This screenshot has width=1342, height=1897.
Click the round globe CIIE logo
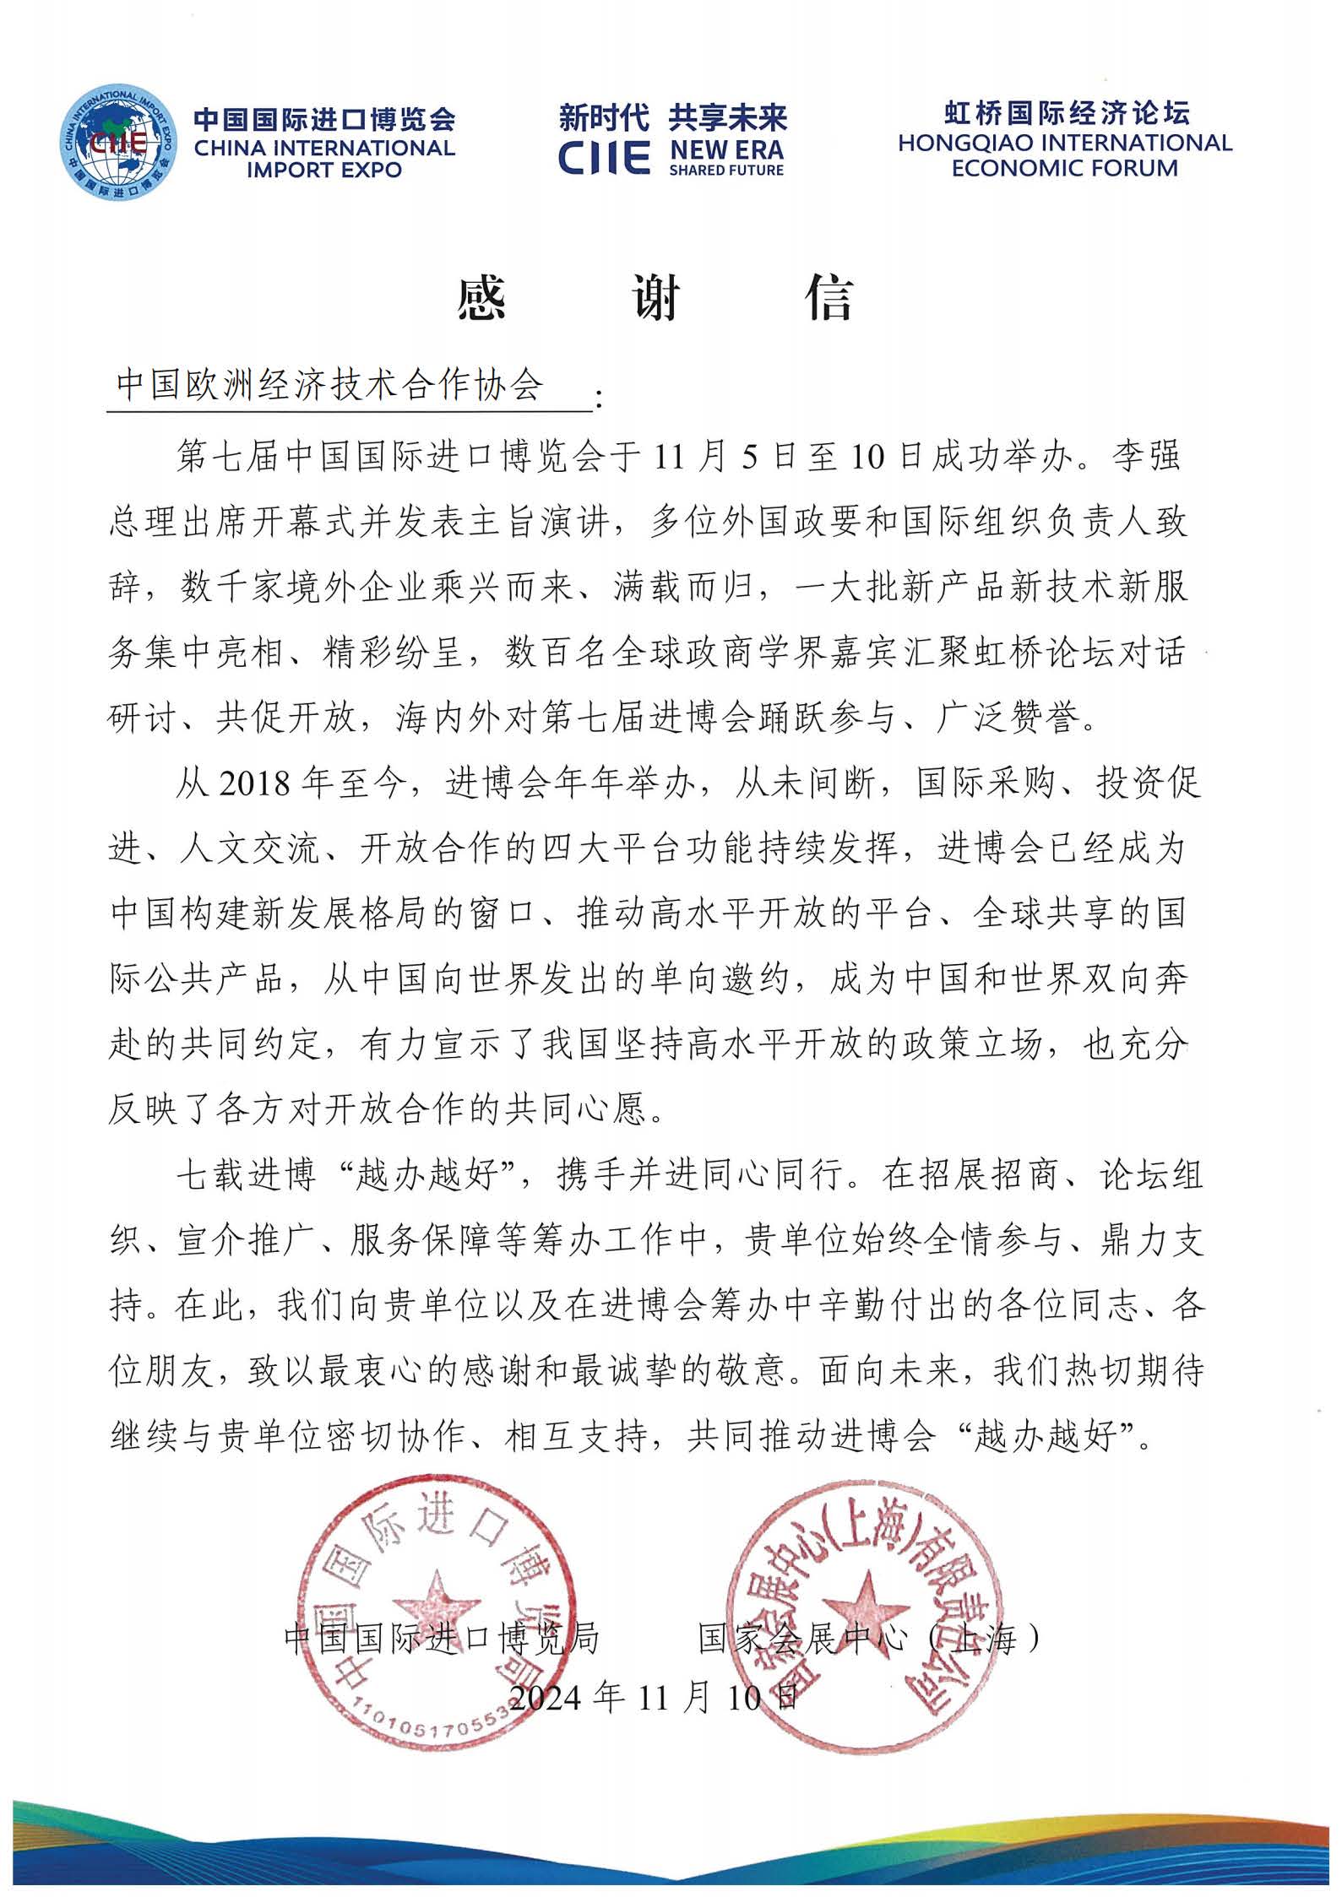pos(117,141)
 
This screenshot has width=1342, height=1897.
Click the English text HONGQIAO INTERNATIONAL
pos(1064,143)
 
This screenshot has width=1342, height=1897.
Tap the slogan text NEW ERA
pos(726,149)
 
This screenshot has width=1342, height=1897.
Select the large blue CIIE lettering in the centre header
pos(604,157)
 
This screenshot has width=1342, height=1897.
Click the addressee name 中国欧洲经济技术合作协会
pos(329,385)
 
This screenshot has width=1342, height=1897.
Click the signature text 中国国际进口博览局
pos(442,1639)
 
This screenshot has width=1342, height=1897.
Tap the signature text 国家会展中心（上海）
pos(870,1639)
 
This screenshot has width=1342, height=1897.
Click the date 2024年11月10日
pos(655,1695)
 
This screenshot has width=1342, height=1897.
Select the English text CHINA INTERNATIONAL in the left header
pos(324,149)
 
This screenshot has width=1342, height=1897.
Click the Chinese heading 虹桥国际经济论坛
pos(1066,113)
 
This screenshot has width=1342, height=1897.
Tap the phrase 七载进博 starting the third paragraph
pos(245,1175)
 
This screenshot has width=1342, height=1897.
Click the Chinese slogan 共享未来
pos(727,117)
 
